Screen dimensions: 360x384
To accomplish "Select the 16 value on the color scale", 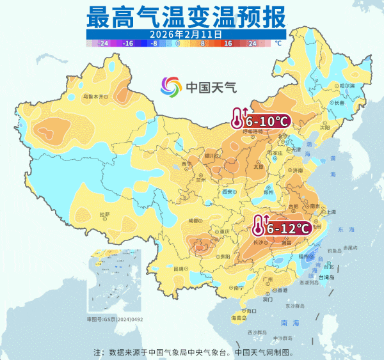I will click(x=228, y=43).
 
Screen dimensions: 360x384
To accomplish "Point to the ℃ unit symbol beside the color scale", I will click(x=278, y=43).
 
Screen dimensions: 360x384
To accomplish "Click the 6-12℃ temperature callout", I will click(x=287, y=228).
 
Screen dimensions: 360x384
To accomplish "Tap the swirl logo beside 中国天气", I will click(x=172, y=86).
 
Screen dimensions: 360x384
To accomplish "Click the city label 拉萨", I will click(x=104, y=214).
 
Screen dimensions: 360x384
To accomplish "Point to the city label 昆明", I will click(x=182, y=269).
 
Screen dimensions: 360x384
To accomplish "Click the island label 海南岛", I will click(x=239, y=317).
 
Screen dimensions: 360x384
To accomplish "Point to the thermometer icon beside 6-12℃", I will click(x=257, y=226).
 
